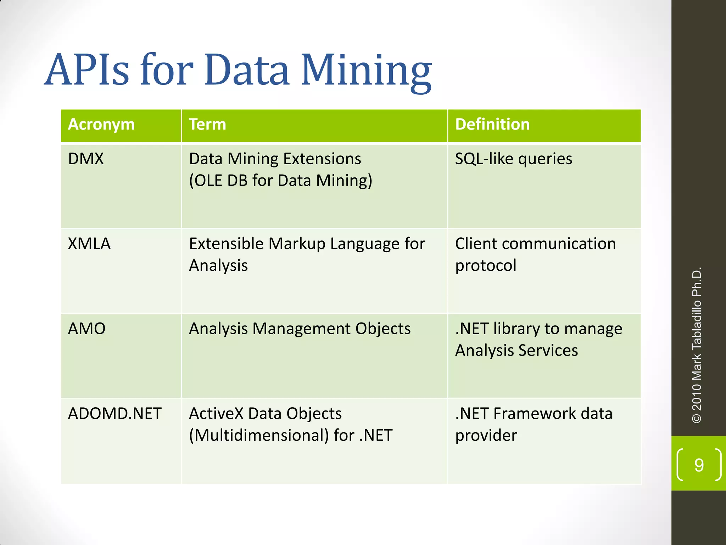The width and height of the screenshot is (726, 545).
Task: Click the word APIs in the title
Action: [86, 70]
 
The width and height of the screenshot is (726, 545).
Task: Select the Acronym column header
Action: [101, 125]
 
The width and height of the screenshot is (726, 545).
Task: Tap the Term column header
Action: [207, 125]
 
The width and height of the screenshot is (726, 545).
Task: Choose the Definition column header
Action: [492, 125]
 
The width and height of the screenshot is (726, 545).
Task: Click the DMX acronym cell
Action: [86, 159]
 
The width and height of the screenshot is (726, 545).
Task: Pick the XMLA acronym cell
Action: [89, 244]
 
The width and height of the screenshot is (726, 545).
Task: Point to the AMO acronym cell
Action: [87, 329]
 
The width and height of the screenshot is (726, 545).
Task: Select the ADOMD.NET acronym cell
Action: [115, 414]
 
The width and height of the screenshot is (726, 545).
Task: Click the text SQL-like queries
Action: [513, 159]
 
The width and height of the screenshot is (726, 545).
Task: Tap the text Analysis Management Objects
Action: [300, 329]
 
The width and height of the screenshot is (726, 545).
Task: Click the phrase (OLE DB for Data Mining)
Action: [280, 181]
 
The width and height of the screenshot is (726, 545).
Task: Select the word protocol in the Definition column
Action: [486, 266]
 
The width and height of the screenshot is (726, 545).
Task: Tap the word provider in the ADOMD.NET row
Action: [486, 436]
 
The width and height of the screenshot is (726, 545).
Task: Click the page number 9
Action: [699, 465]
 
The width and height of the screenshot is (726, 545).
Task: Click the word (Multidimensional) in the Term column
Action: [259, 436]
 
